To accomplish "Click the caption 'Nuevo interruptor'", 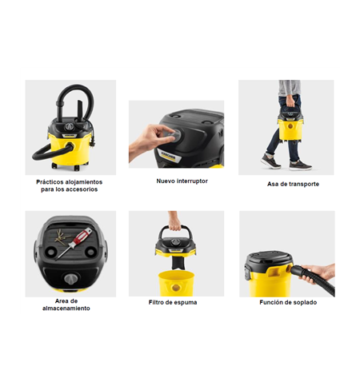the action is click(182, 181).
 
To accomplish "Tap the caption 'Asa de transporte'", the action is click(293, 184).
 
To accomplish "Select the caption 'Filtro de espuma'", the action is click(173, 302).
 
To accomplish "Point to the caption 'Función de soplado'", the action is click(288, 302).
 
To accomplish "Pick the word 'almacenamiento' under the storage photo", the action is click(66, 308).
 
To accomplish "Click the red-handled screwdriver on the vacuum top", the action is click(74, 243).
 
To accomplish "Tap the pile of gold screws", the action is click(62, 237).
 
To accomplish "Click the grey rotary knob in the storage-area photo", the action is click(70, 279).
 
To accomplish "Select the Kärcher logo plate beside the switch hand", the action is click(169, 155).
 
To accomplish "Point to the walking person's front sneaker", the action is click(300, 165).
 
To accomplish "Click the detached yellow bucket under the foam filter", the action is click(176, 284).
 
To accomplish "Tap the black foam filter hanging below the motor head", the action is click(178, 263).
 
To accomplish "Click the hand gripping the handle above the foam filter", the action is click(174, 221).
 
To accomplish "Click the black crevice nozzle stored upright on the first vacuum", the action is click(80, 109).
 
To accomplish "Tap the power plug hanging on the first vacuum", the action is click(92, 141).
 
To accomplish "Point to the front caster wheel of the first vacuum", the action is click(77, 168).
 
